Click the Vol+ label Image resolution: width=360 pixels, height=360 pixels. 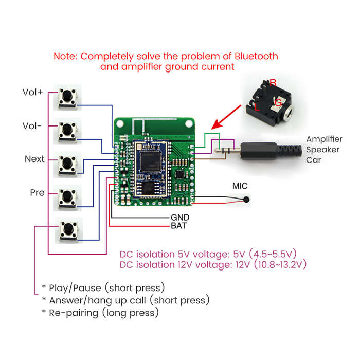pyautogui.click(x=32, y=92)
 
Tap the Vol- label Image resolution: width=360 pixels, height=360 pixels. pyautogui.click(x=32, y=126)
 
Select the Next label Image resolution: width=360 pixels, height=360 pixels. pyautogui.click(x=34, y=159)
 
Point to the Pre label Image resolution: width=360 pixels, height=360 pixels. pyautogui.click(x=37, y=193)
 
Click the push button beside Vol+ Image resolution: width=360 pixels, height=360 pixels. pyautogui.click(x=67, y=97)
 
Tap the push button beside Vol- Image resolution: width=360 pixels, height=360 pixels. pyautogui.click(x=67, y=131)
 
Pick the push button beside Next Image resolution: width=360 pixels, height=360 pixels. pyautogui.click(x=67, y=165)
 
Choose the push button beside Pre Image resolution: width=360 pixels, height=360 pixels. pyautogui.click(x=67, y=198)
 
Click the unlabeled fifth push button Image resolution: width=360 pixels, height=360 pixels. pyautogui.click(x=68, y=230)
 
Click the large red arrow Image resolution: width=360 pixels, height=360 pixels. pyautogui.click(x=226, y=117)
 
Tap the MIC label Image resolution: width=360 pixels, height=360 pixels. pyautogui.click(x=240, y=186)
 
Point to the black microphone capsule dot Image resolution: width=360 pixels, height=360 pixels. pyautogui.click(x=246, y=200)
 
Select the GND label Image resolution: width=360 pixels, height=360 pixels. pyautogui.click(x=180, y=218)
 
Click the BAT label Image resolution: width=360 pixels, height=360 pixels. pyautogui.click(x=179, y=226)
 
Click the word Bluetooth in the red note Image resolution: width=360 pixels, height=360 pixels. pyautogui.click(x=256, y=56)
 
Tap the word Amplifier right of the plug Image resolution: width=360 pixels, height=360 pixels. pyautogui.click(x=324, y=139)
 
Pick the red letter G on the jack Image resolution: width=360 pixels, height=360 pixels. pyautogui.click(x=278, y=102)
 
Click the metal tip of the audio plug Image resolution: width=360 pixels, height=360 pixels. pyautogui.click(x=217, y=151)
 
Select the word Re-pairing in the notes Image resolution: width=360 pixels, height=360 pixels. pyautogui.click(x=74, y=313)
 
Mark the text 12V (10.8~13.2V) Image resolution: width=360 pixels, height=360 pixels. pyautogui.click(x=271, y=265)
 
